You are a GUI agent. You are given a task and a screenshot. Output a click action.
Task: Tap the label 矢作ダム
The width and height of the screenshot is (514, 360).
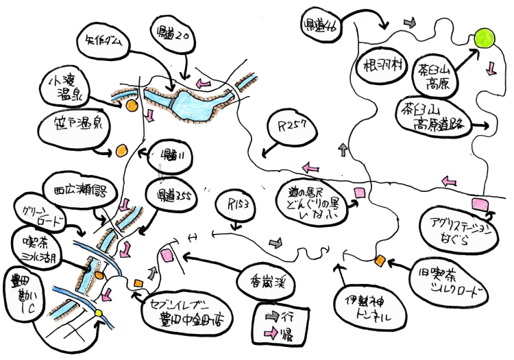[x=105, y=42]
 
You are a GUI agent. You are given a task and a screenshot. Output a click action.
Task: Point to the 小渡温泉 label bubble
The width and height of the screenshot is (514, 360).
[x=62, y=87]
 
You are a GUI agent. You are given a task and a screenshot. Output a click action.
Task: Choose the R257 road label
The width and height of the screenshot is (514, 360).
[x=291, y=128]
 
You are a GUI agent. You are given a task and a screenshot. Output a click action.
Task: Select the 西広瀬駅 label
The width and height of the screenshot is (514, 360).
[x=76, y=189]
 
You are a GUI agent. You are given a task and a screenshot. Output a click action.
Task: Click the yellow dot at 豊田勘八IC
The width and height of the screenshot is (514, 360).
[x=98, y=314]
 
